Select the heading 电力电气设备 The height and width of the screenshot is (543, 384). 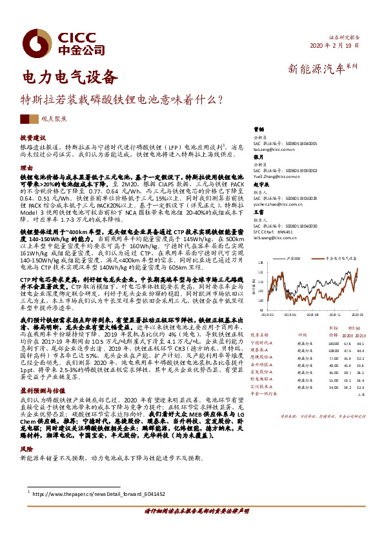pos(70,79)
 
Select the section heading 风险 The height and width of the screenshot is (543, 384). pos(26,448)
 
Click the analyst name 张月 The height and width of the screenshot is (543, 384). pos(258,157)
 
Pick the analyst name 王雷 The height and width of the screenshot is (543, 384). pos(258,212)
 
